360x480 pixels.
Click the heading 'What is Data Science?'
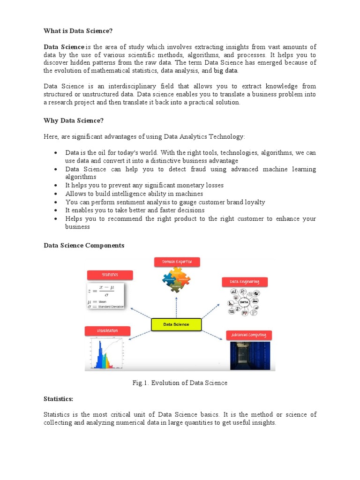pos(78,31)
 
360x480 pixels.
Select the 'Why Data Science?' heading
pos(73,120)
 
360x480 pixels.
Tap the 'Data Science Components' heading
pos(84,245)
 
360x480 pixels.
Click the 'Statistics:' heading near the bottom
pos(58,398)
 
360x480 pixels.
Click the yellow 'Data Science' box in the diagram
pos(176,324)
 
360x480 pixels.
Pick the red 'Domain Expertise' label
pos(177,262)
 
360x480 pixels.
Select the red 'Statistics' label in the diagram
pos(110,275)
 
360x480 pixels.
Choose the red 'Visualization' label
pos(108,331)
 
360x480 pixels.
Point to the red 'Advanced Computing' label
pos(249,335)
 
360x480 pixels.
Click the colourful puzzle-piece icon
pos(177,280)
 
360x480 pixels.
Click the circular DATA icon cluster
pos(244,302)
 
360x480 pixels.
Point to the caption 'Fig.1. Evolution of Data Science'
pos(180,383)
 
